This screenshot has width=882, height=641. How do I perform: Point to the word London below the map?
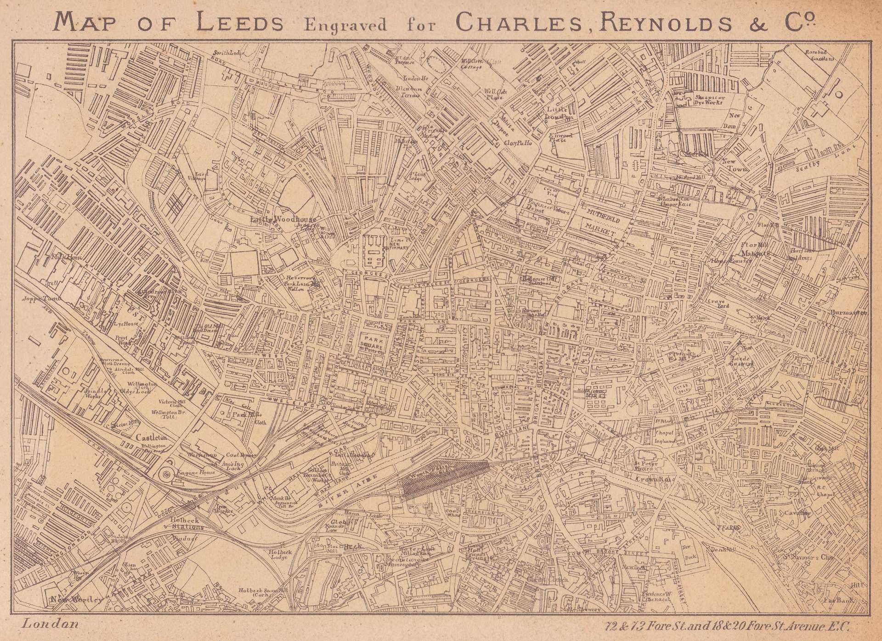point(50,624)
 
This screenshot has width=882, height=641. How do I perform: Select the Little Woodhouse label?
point(284,219)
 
